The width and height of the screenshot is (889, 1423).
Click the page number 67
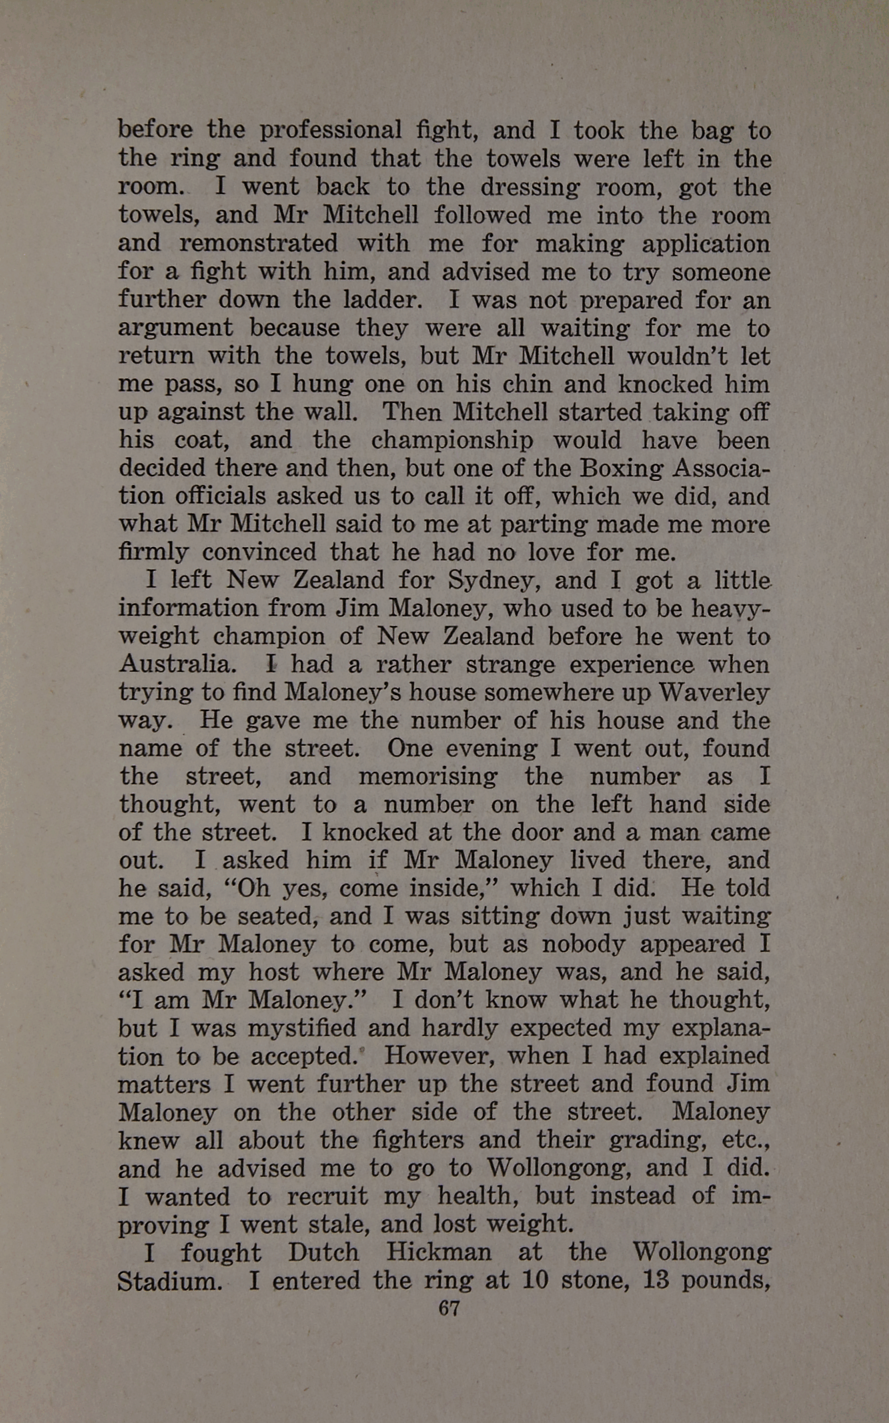pyautogui.click(x=449, y=1308)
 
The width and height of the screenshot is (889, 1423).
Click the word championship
pyautogui.click(x=452, y=440)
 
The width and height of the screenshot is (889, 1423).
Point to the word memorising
pyautogui.click(x=427, y=777)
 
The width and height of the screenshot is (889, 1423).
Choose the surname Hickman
pyautogui.click(x=439, y=1252)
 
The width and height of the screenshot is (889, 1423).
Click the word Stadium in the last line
pyautogui.click(x=169, y=1281)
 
